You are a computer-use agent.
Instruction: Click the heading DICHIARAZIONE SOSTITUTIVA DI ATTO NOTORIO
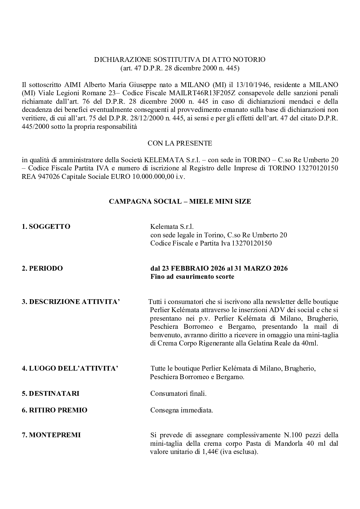tap(180, 60)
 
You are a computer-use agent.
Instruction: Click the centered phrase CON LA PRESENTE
tap(180, 143)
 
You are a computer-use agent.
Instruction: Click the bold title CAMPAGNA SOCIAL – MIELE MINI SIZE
tap(180, 202)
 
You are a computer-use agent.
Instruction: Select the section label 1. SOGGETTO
tap(46, 226)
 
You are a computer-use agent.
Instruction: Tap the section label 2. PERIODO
tap(42, 268)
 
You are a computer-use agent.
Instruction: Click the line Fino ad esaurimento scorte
tap(192, 276)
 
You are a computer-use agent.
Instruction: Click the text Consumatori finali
tap(178, 393)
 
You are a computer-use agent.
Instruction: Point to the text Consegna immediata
tap(182, 410)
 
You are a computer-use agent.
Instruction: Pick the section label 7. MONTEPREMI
tap(51, 435)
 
